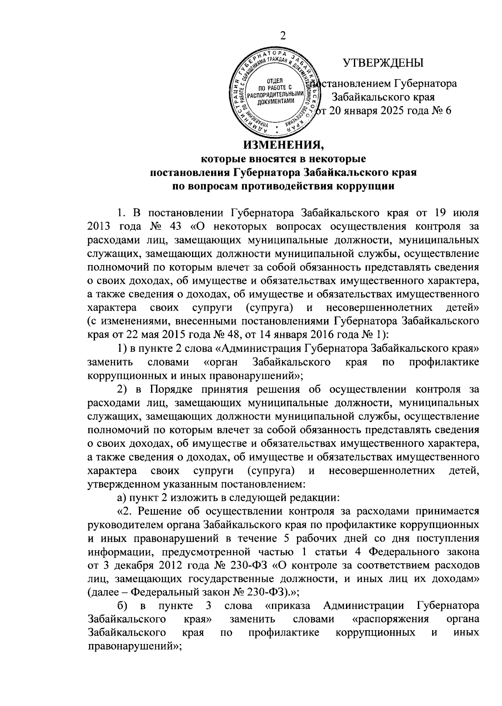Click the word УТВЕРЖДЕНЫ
click(383, 63)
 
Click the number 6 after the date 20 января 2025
click(448, 111)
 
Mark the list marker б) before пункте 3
click(122, 606)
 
